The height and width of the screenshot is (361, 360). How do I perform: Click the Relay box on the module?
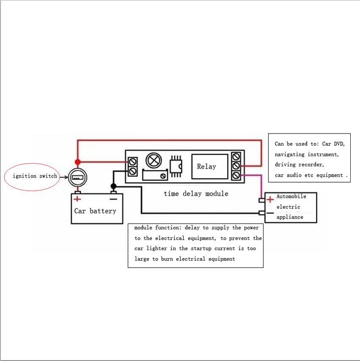tap(207, 167)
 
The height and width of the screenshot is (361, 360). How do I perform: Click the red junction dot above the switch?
tap(78, 162)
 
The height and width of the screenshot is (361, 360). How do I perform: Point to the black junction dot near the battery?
tap(114, 186)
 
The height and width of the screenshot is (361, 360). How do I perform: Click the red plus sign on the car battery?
tap(78, 199)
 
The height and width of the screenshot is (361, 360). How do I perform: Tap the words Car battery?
tap(95, 211)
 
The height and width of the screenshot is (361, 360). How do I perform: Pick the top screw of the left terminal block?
tap(133, 161)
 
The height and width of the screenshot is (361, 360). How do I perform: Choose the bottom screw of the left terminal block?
tap(133, 171)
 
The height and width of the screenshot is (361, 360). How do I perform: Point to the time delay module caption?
tap(196, 194)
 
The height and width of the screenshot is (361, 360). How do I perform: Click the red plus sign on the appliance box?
tap(270, 200)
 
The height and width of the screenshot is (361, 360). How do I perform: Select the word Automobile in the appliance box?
tap(291, 197)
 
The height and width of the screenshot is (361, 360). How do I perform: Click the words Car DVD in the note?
tap(333, 144)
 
